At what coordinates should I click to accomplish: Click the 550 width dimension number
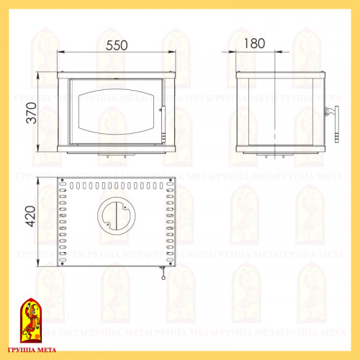[x=117, y=45]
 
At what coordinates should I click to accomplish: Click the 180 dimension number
[x=254, y=43]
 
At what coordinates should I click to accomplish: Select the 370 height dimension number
[x=32, y=113]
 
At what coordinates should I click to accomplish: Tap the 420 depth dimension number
[x=30, y=216]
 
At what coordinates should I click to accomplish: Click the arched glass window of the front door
[x=116, y=112]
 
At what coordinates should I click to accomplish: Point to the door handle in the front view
[x=163, y=125]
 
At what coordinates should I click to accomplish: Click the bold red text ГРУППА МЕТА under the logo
[x=32, y=350]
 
